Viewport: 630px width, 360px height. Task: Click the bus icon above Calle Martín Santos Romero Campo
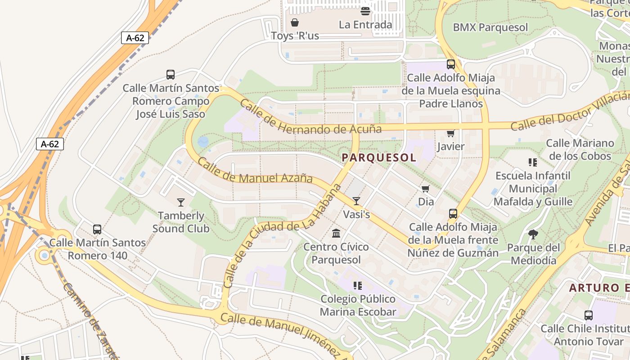coord(171,75)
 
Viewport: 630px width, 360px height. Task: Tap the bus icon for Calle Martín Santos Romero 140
coord(97,229)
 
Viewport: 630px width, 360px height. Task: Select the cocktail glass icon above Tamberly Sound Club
coord(181,202)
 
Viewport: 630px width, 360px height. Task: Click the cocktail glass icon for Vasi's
coord(356,201)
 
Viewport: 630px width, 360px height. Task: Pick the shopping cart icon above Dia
coord(426,189)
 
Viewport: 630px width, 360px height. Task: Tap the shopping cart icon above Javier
coord(450,133)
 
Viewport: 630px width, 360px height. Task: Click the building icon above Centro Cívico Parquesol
coord(336,233)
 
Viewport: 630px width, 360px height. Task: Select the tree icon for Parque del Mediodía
coord(533,234)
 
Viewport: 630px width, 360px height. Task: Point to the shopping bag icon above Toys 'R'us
coord(295,22)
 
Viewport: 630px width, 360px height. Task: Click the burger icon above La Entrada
coord(365,11)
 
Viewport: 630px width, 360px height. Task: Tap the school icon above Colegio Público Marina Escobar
coord(358,285)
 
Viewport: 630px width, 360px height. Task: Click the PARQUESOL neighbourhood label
coord(379,157)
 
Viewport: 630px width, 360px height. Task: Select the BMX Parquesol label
coord(490,27)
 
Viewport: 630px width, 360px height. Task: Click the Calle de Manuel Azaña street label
coord(255,171)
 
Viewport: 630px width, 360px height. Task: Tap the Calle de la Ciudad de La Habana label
coord(282,236)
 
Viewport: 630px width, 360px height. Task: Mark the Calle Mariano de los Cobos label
coord(580,150)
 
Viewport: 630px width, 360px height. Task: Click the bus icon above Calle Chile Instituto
coord(588,315)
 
